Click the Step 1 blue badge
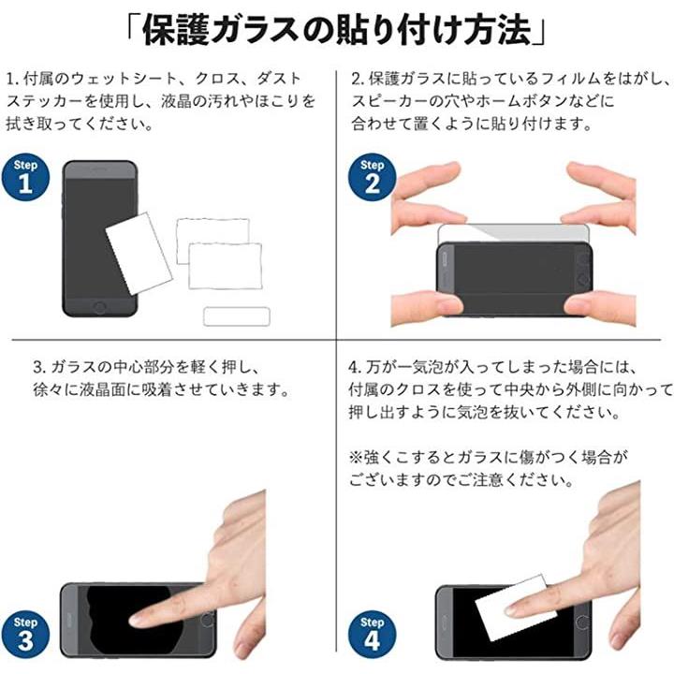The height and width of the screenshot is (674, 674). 25,177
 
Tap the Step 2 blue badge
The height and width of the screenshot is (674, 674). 373,177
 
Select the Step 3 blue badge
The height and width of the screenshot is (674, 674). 25,635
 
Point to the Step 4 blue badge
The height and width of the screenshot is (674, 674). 373,635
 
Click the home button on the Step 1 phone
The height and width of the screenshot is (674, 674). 100,307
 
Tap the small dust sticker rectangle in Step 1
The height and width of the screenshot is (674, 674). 237,316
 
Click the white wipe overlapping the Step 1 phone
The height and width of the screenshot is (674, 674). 139,253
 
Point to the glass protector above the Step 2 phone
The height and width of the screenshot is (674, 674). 513,233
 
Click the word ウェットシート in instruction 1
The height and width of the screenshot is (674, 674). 125,79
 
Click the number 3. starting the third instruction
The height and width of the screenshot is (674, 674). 39,368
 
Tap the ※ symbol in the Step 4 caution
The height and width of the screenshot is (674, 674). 356,457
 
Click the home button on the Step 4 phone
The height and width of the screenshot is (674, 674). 582,622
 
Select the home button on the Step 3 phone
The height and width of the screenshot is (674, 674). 207,620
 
